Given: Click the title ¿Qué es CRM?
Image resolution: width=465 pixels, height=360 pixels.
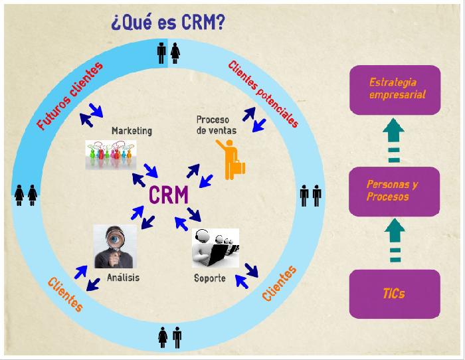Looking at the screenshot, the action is [x=168, y=23].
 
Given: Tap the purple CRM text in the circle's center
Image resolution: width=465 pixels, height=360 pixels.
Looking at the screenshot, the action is [x=169, y=195].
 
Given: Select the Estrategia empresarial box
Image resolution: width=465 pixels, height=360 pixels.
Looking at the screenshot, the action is [x=395, y=90].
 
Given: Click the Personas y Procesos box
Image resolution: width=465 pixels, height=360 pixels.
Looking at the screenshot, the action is [x=394, y=191].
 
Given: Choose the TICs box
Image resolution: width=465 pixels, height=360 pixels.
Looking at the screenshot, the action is [x=395, y=294].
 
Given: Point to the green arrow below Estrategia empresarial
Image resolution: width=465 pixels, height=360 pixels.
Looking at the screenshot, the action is [x=393, y=140].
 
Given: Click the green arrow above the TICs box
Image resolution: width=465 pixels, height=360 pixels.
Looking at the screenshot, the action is [x=395, y=240].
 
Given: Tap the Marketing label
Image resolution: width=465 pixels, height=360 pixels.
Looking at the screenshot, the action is [x=132, y=131].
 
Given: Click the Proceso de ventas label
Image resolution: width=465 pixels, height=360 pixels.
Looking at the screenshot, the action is [x=217, y=125].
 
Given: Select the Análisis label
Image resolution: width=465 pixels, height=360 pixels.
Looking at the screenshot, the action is [x=123, y=277].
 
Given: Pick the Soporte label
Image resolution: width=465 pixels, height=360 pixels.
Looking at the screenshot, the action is [x=210, y=278].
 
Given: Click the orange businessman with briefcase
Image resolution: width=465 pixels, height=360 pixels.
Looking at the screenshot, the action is [x=231, y=159].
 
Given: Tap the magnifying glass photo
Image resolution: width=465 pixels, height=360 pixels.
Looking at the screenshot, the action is [x=115, y=246].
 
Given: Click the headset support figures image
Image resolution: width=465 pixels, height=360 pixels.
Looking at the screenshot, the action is [x=216, y=248].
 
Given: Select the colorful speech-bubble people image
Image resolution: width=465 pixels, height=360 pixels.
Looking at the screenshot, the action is [x=111, y=155].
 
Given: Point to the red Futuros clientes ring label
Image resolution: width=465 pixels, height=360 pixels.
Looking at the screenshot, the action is [x=70, y=96].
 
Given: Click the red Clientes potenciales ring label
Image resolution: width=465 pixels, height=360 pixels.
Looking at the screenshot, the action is [x=263, y=94].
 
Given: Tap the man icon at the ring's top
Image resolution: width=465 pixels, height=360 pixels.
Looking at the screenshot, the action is [x=161, y=52].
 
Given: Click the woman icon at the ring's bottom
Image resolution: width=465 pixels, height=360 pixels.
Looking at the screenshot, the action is [x=163, y=337].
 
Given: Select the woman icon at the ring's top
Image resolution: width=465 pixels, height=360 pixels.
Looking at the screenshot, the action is [x=175, y=53].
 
